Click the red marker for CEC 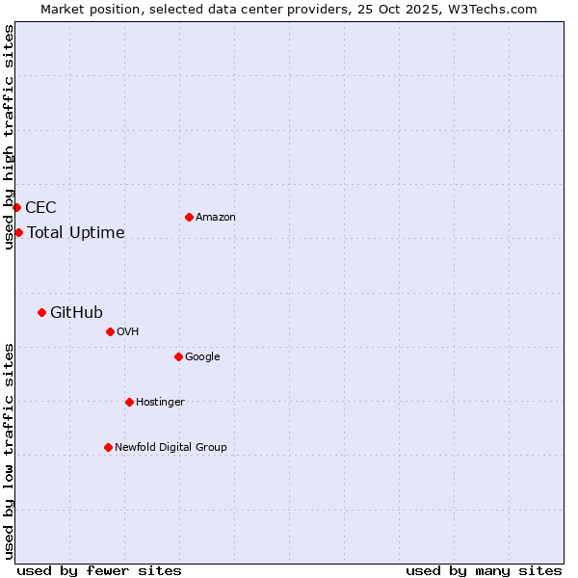point(16,207)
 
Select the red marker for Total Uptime point(18,232)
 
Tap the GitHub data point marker point(41,312)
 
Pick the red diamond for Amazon point(189,217)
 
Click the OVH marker point(110,331)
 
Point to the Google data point point(178,356)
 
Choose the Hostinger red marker point(129,402)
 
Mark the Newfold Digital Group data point point(108,447)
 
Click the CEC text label point(40,207)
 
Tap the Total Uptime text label point(76,232)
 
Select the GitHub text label point(76,312)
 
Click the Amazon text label point(215,217)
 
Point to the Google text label point(202,356)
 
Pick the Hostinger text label point(160,402)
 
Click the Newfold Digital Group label point(171,447)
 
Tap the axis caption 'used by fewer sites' point(99,570)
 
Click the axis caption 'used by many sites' point(484,570)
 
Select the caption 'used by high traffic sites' point(9,137)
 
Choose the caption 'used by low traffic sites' point(9,450)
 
